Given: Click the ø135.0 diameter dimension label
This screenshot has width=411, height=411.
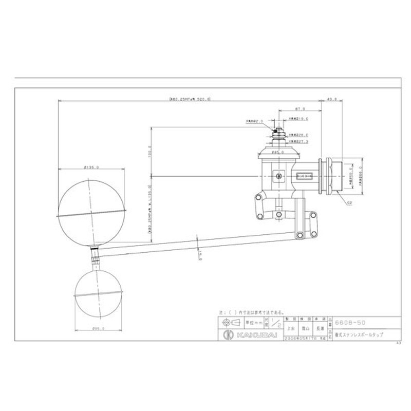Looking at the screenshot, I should (91, 167).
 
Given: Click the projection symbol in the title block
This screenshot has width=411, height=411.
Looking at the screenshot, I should (228, 323).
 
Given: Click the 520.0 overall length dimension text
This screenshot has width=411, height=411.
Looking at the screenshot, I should (190, 100).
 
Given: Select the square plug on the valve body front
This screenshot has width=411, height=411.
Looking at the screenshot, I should (279, 175).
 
